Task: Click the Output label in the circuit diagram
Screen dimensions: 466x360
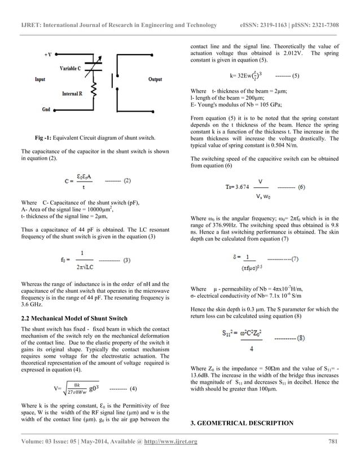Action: click(x=155, y=80)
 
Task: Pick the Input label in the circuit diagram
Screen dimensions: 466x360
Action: click(x=39, y=80)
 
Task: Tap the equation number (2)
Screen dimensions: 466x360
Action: click(x=127, y=181)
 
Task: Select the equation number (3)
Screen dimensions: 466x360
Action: click(x=127, y=260)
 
